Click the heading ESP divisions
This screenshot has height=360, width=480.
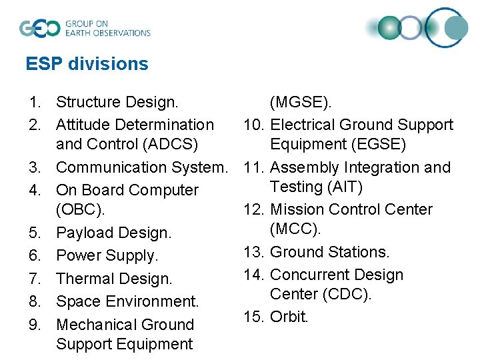pyautogui.click(x=87, y=64)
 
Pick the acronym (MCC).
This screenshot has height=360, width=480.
pyautogui.click(x=295, y=229)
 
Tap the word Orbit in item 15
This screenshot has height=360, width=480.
pyautogui.click(x=289, y=317)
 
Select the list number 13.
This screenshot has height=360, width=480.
pyautogui.click(x=253, y=252)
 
